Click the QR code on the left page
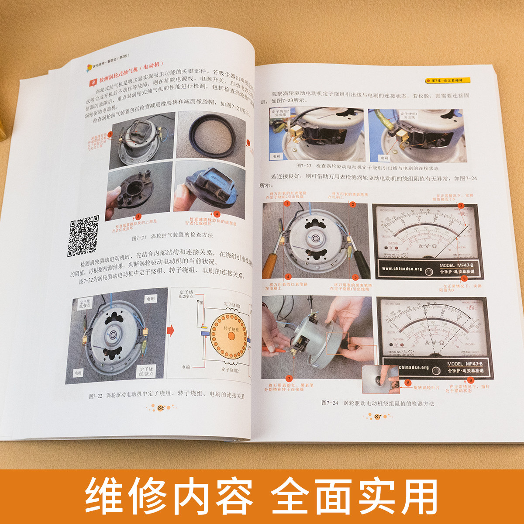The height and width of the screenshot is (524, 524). pos(83,235)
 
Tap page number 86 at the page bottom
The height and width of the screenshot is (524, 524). pos(161,407)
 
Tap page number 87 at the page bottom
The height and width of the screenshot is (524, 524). pos(378,417)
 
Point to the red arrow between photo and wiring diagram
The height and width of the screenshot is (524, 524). pos(171,331)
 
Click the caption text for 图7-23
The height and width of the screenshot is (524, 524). pos(367,168)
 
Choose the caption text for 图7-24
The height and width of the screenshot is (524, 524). pos(378,403)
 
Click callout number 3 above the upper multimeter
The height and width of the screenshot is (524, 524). pos(460,206)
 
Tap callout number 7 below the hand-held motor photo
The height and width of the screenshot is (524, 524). pos(289,378)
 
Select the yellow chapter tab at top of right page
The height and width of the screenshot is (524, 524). pos(448,80)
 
